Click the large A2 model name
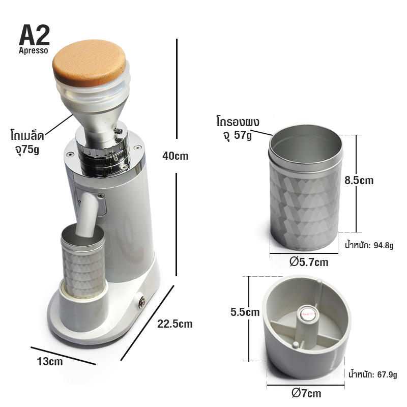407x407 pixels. [34, 35]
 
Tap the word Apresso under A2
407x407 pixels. [33, 50]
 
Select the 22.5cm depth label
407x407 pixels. [175, 324]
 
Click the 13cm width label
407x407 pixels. [50, 362]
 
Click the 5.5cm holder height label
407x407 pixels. [245, 312]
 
